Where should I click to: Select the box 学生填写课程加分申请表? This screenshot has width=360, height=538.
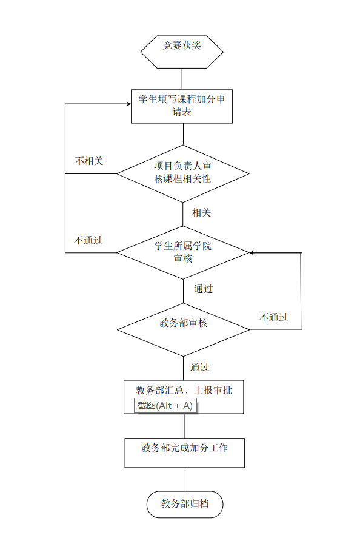click(182, 106)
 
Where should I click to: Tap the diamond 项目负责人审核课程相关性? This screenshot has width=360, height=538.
click(182, 173)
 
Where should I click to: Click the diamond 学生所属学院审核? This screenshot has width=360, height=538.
click(182, 252)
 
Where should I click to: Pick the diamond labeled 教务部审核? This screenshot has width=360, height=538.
click(183, 329)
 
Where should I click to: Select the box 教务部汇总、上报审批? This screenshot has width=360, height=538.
click(184, 391)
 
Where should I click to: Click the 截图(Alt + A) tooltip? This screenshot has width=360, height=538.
click(165, 406)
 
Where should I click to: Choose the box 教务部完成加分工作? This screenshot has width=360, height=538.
click(184, 452)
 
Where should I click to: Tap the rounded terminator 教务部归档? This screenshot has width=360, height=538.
click(185, 503)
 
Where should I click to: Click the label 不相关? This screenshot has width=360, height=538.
click(89, 161)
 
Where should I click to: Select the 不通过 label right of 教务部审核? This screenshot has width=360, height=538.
click(273, 318)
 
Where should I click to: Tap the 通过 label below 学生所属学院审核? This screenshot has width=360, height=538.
click(204, 289)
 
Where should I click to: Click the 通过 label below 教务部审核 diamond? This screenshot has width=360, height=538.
click(200, 368)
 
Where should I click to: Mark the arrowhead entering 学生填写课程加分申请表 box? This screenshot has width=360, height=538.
click(128, 104)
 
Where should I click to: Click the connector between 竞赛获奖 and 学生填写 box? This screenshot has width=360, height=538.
click(182, 79)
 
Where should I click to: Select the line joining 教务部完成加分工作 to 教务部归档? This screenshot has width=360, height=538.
click(185, 479)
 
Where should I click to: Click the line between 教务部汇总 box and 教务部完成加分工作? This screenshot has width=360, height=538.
click(184, 426)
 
